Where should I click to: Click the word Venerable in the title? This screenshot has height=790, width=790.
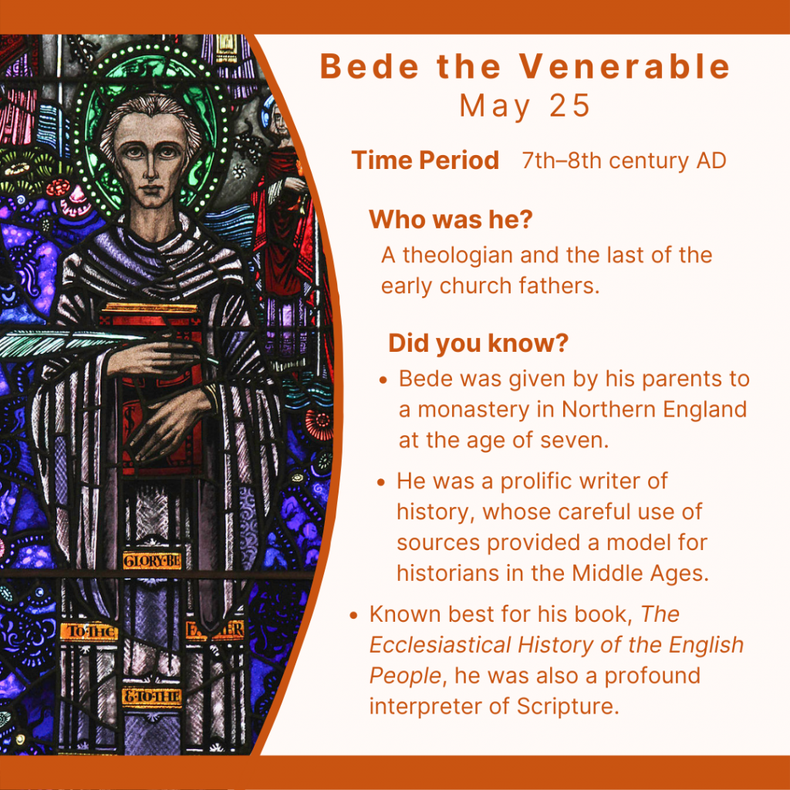[625, 66]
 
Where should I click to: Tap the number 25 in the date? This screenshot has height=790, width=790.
[570, 106]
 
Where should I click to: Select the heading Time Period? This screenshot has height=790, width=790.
[425, 160]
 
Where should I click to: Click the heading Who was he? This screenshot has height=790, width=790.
[451, 220]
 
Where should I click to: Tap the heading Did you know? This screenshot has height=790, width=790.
[478, 343]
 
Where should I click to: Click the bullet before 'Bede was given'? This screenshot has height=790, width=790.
[383, 380]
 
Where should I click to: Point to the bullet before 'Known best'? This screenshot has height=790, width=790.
[353, 616]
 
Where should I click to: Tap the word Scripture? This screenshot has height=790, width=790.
[567, 707]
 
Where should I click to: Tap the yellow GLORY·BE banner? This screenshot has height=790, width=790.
[152, 561]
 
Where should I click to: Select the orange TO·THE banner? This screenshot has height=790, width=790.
[89, 631]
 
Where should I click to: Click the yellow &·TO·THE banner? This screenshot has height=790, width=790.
[152, 697]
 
